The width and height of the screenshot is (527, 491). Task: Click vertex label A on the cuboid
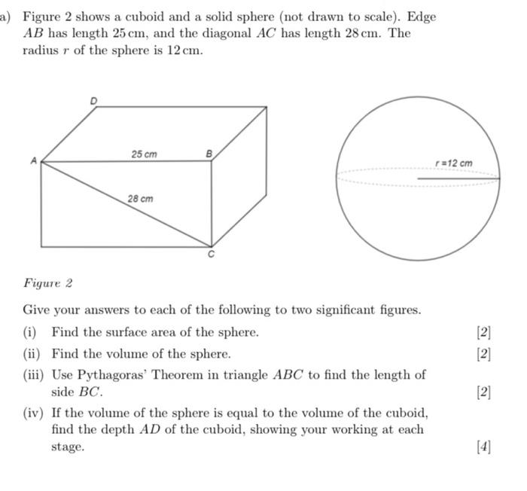click(32, 160)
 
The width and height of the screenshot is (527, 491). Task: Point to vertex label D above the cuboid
click(94, 99)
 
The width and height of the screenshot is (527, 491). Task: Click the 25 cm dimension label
click(144, 154)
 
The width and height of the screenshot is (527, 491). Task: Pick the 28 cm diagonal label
click(140, 199)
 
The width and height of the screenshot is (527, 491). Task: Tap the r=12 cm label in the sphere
click(455, 163)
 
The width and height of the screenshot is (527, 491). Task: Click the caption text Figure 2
click(47, 283)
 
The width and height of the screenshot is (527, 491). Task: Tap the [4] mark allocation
click(483, 447)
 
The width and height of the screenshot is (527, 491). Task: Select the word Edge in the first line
click(422, 16)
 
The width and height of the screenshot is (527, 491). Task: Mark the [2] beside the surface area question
click(483, 332)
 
